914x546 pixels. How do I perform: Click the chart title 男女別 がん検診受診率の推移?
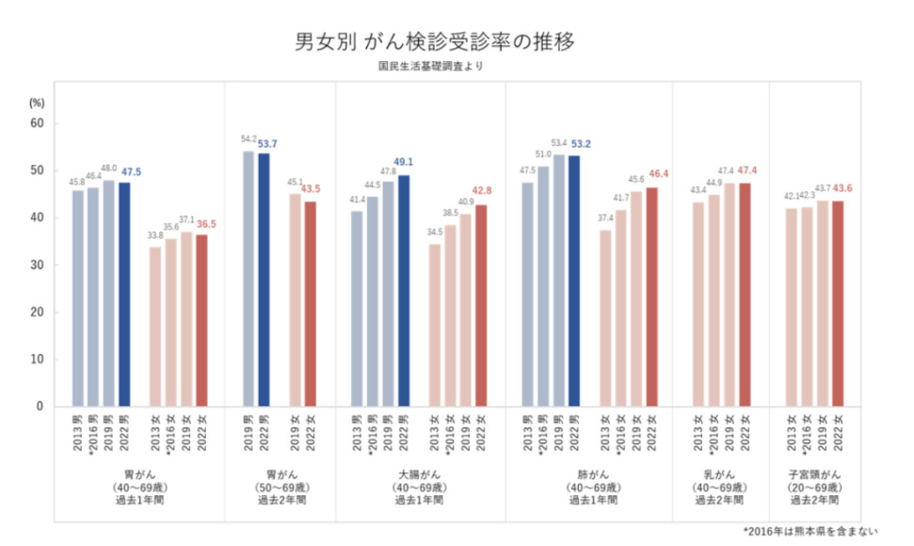(434, 42)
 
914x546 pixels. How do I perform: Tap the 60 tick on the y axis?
(39, 123)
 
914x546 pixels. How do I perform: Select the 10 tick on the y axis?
(39, 360)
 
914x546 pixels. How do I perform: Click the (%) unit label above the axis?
(39, 101)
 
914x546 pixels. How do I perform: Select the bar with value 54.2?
(249, 279)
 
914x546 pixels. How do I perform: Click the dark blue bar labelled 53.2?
(575, 281)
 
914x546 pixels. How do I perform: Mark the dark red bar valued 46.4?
(651, 297)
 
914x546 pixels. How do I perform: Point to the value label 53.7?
(270, 143)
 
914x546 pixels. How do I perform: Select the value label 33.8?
(155, 237)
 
